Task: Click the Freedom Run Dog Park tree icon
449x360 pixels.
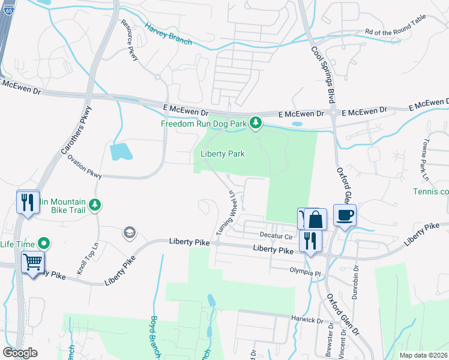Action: pos(256,123)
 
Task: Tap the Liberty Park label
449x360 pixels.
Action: pos(222,154)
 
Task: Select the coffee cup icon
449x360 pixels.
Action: pos(345,215)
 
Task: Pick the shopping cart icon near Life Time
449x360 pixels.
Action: pos(32,262)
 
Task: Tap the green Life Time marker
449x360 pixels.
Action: pos(43,244)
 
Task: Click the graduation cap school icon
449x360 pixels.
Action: pos(129,232)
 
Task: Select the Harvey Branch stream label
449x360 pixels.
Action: pos(168,34)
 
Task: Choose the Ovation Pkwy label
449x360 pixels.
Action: pos(85,167)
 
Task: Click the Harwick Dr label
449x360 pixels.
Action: pos(307,319)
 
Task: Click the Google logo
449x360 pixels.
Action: pos(20,353)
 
